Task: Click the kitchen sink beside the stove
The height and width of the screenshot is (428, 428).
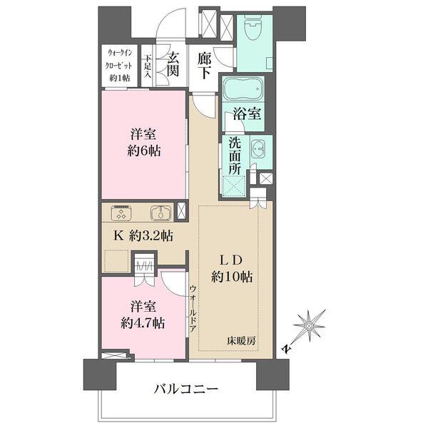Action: pos(159,213)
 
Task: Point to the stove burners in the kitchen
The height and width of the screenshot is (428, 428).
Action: pos(121,213)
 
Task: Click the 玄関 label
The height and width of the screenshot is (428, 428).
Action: pos(172,66)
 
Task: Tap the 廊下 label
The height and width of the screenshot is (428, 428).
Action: pos(205,66)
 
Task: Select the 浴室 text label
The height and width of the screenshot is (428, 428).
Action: pos(245,113)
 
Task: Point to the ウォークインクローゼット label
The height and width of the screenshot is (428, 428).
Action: pos(119,64)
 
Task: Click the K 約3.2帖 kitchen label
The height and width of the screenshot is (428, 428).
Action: pos(142,236)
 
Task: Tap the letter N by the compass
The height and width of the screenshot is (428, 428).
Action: pos(286,349)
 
